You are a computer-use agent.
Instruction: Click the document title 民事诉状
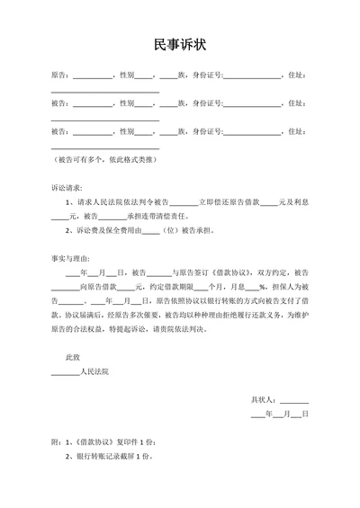coord(180,44)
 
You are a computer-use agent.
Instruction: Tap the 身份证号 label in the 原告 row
coord(206,76)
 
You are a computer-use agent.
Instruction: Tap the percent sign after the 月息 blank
coord(262,286)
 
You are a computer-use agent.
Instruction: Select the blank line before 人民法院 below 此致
coord(65,372)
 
